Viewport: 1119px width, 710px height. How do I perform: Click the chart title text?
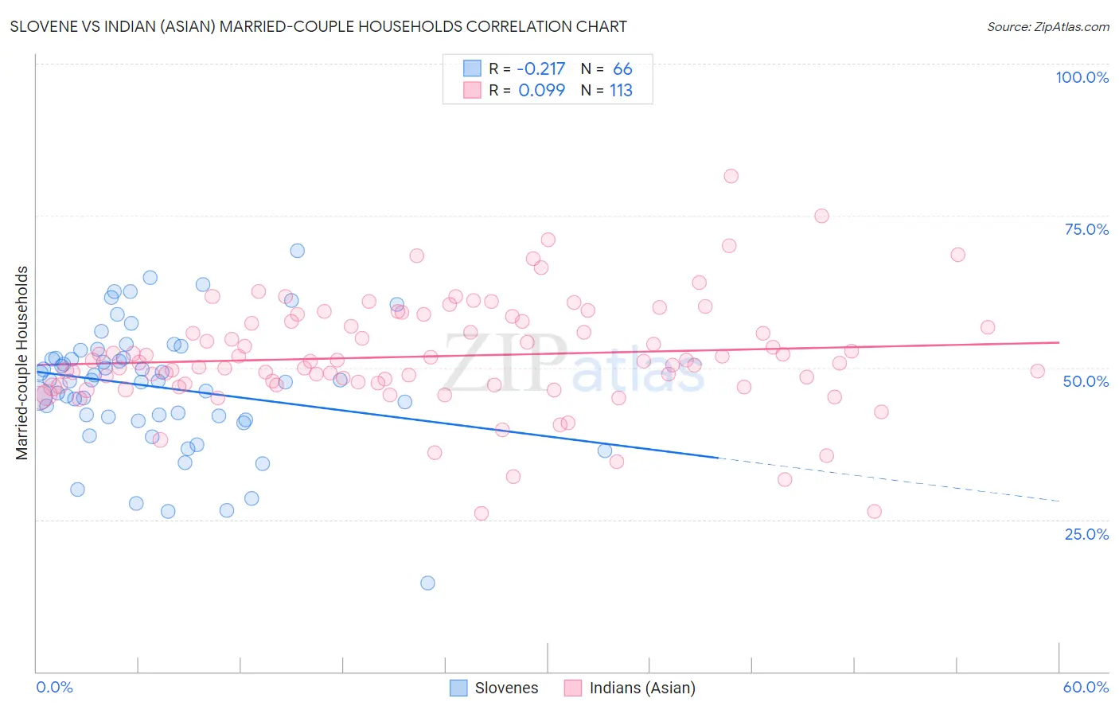(318, 26)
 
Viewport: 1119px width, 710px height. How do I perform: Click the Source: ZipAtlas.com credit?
(1047, 26)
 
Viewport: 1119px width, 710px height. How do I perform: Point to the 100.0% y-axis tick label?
(1082, 77)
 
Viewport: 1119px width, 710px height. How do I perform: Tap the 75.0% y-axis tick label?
(1086, 229)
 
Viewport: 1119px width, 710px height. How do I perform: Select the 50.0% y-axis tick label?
(1086, 381)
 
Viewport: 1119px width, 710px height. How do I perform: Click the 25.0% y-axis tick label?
(1086, 534)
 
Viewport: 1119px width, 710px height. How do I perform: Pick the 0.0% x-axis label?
(54, 687)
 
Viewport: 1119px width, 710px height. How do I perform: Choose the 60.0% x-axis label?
(1086, 687)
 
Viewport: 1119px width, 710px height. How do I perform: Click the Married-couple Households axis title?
(22, 363)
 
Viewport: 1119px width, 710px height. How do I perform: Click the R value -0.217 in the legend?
(541, 69)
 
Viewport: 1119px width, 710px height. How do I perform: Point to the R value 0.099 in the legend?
(541, 91)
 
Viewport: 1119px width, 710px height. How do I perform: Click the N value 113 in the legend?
(621, 91)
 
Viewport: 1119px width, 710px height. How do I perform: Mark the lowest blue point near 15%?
(427, 583)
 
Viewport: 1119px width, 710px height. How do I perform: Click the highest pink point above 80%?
(731, 176)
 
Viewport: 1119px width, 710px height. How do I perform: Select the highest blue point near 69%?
(297, 251)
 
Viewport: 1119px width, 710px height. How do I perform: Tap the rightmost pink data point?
(1037, 371)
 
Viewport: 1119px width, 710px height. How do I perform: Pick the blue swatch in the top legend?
(472, 69)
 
